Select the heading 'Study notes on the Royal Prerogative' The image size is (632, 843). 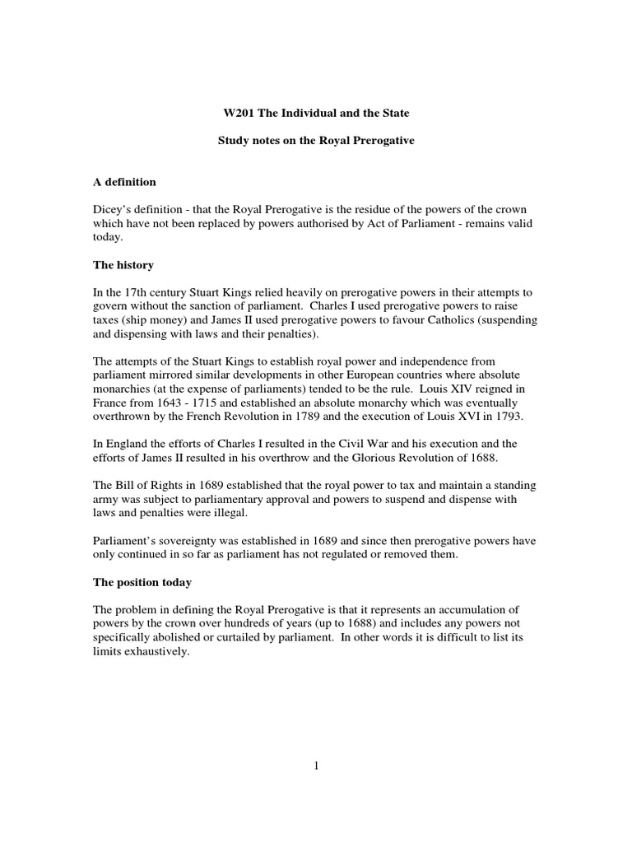315,141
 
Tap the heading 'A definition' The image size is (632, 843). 124,181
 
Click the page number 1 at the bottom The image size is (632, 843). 315,765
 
